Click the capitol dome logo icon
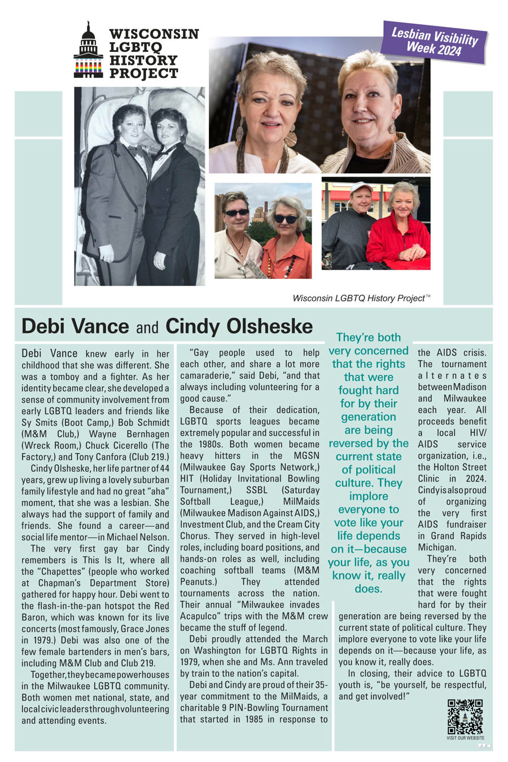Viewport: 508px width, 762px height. pyautogui.click(x=88, y=51)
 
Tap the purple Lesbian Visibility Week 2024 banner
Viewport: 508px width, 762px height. pyautogui.click(x=433, y=42)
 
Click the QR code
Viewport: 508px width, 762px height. pyautogui.click(x=465, y=716)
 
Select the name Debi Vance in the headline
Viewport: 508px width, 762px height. pyautogui.click(x=75, y=326)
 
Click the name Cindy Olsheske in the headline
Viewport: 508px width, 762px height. pyautogui.click(x=239, y=326)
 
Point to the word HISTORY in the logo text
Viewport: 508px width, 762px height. pyautogui.click(x=143, y=60)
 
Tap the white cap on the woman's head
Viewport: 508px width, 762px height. pyautogui.click(x=362, y=187)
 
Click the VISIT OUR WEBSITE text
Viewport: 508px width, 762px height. pyautogui.click(x=465, y=738)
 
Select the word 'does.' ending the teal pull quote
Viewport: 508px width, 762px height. pyautogui.click(x=369, y=589)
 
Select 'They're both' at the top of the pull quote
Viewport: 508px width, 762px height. pyautogui.click(x=369, y=338)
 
